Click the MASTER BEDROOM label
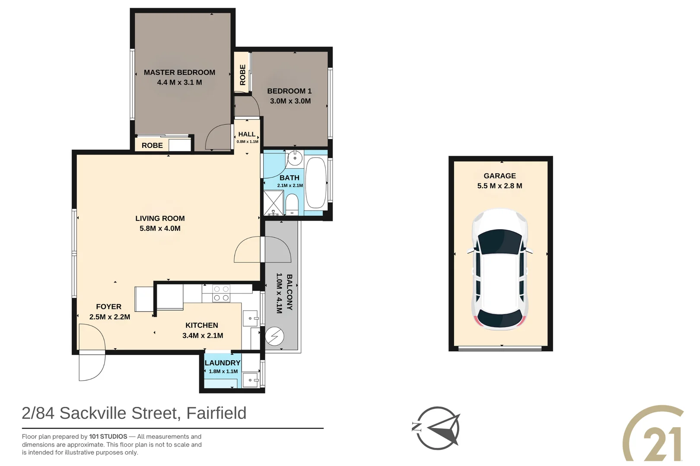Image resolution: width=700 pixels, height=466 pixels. pos(179,72)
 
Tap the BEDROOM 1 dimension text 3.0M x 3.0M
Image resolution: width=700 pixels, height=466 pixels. pos(290,101)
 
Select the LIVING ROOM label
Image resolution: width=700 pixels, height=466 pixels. pos(160,218)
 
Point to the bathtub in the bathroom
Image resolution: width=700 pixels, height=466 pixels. pos(316,182)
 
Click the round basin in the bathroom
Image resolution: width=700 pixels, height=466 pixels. pos(294,158)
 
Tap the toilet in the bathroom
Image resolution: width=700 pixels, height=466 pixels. pos(292,204)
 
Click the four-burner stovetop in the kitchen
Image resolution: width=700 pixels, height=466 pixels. pos(221,293)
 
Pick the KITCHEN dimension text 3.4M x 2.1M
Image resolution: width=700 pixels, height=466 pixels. pos(203,336)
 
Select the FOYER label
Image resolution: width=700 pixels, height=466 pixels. pos(109,307)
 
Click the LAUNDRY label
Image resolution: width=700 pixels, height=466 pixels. pos(223,363)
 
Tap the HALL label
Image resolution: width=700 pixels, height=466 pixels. pos(247,134)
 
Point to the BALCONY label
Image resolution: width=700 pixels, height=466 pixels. pos(290,292)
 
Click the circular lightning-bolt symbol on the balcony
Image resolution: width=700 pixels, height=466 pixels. pos(274,336)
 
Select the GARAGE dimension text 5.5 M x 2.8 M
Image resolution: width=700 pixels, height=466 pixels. pos(500,186)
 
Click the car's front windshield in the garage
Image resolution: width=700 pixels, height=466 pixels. pos(500,242)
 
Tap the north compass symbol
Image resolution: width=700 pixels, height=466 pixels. pos(436,428)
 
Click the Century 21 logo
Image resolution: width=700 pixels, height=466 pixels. pos(654,433)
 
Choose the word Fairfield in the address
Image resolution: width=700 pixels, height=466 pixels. pos(216,413)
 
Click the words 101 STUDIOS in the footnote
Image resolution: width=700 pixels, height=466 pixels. pos(108,437)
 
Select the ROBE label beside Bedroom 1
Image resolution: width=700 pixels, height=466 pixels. pos(242,75)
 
